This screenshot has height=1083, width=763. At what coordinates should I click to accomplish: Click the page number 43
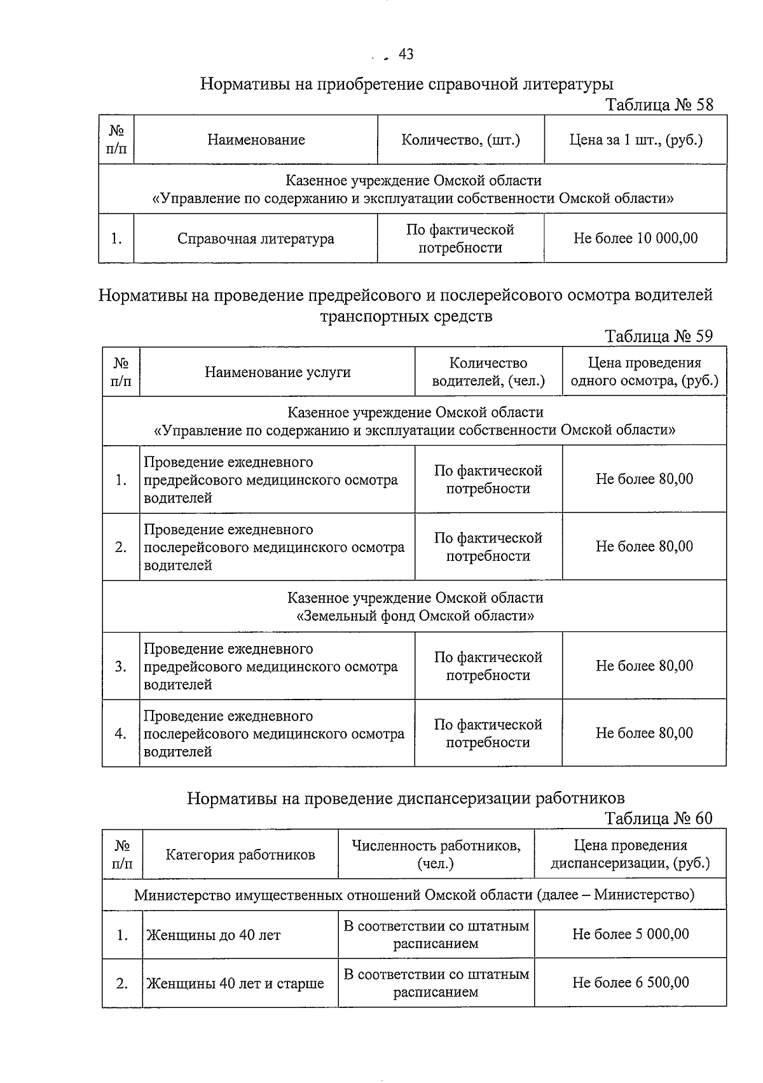point(406,55)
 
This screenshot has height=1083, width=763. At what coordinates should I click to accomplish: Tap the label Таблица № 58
point(659,105)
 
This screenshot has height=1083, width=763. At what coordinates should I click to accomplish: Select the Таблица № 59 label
point(659,336)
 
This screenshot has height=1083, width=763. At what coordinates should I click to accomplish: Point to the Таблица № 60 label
point(659,818)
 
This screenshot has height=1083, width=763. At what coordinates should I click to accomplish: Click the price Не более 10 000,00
point(635,238)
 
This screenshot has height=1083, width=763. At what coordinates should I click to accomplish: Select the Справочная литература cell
point(256,239)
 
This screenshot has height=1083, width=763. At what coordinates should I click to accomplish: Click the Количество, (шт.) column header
point(460,140)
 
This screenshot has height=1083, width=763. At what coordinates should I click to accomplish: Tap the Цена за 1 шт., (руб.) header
point(635,140)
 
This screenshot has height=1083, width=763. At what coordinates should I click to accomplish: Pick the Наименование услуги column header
point(277,373)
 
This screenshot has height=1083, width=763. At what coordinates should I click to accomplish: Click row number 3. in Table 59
point(121,666)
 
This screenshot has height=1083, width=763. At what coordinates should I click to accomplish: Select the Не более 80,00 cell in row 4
point(644,733)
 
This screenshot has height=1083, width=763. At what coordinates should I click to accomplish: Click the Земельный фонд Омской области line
point(415,616)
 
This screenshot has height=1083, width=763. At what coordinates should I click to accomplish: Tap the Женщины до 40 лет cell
point(214,935)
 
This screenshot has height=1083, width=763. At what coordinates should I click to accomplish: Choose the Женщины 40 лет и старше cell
point(235,984)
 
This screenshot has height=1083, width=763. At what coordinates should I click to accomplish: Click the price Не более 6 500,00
point(630,983)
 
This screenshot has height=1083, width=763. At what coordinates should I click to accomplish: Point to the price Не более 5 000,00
point(630,934)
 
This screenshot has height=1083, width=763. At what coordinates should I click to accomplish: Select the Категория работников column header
point(240,855)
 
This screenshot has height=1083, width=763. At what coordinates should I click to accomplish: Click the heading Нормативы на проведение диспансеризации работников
point(406,798)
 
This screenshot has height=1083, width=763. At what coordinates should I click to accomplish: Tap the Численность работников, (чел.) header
point(436,855)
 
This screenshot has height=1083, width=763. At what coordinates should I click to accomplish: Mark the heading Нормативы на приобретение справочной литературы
point(407,84)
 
